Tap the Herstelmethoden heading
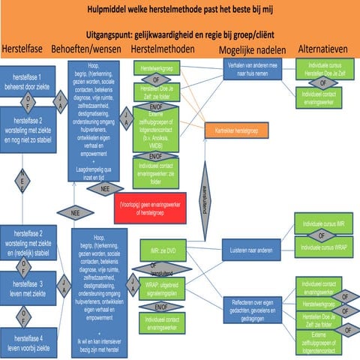pyautogui.click(x=163, y=49)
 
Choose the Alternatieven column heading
pyautogui.click(x=322, y=49)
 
